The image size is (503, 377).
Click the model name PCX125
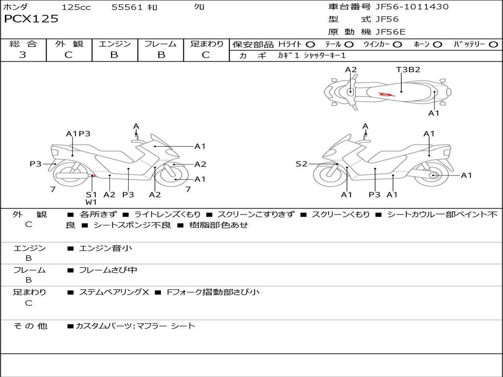[31, 19]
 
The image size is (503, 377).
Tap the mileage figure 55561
[127, 7]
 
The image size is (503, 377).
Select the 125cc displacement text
[76, 7]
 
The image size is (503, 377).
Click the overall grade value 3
[23, 55]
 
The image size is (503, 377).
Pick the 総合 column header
[23, 44]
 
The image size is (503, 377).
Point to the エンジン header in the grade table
[114, 44]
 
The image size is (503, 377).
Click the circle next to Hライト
[310, 45]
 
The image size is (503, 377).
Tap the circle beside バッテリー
[493, 45]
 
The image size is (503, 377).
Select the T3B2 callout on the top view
[408, 70]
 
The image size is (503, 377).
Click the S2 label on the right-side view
[301, 164]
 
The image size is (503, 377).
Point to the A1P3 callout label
[78, 134]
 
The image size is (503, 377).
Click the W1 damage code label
[91, 202]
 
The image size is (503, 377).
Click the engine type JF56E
[391, 32]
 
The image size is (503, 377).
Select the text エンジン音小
[105, 248]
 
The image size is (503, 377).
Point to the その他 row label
[30, 325]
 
